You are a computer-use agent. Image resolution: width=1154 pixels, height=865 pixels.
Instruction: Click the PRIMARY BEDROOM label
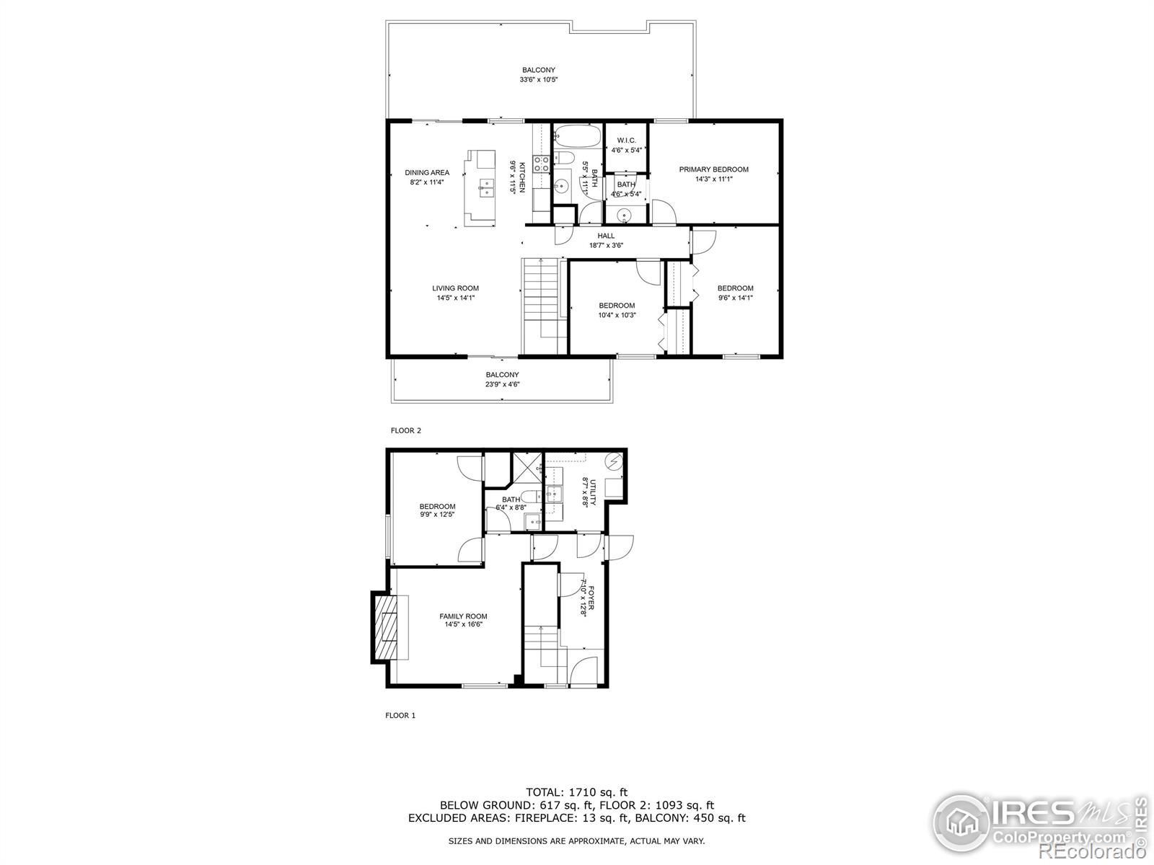point(713,169)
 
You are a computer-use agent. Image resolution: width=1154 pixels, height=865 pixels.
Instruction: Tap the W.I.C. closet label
point(626,141)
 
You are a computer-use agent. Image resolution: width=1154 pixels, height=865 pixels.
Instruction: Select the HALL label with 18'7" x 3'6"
point(606,236)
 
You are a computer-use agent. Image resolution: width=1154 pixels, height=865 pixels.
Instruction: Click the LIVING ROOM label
point(455,288)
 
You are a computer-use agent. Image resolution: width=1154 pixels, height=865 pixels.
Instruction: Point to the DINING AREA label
point(427,173)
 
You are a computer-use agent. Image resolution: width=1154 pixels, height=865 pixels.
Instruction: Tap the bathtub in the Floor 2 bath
point(577,136)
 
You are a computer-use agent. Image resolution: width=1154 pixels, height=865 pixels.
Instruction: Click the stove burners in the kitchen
point(542,164)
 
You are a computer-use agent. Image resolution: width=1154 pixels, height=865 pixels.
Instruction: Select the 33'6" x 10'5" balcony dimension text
point(539,80)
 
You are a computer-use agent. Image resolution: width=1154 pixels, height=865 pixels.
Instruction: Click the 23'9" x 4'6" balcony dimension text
point(502,385)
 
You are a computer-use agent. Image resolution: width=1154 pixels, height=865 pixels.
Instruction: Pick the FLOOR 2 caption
point(405,430)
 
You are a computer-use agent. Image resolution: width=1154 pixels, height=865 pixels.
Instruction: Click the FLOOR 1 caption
point(400,716)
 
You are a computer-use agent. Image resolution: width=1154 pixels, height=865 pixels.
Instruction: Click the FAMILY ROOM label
point(463,616)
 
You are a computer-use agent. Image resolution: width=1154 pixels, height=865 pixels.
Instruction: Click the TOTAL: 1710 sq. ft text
point(576,792)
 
